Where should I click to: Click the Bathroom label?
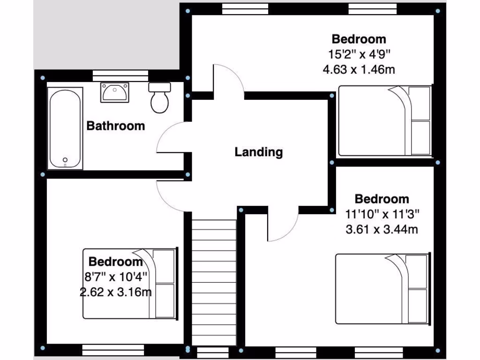pos(116,126)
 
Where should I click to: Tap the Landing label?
pos(259,152)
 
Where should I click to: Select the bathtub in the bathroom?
pos(65,129)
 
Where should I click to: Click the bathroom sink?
pos(114,92)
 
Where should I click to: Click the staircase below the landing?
pos(214,281)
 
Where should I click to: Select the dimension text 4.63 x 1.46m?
pos(359,70)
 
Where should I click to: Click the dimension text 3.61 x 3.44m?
pos(382,229)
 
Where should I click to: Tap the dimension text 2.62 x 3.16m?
pos(115,292)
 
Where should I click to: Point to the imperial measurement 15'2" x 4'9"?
pos(359,54)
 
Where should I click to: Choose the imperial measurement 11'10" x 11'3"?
pos(382,214)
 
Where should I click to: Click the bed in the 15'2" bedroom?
pos(384,121)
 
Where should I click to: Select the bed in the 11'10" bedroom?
pos(382,288)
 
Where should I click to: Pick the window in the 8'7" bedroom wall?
pos(113,349)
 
